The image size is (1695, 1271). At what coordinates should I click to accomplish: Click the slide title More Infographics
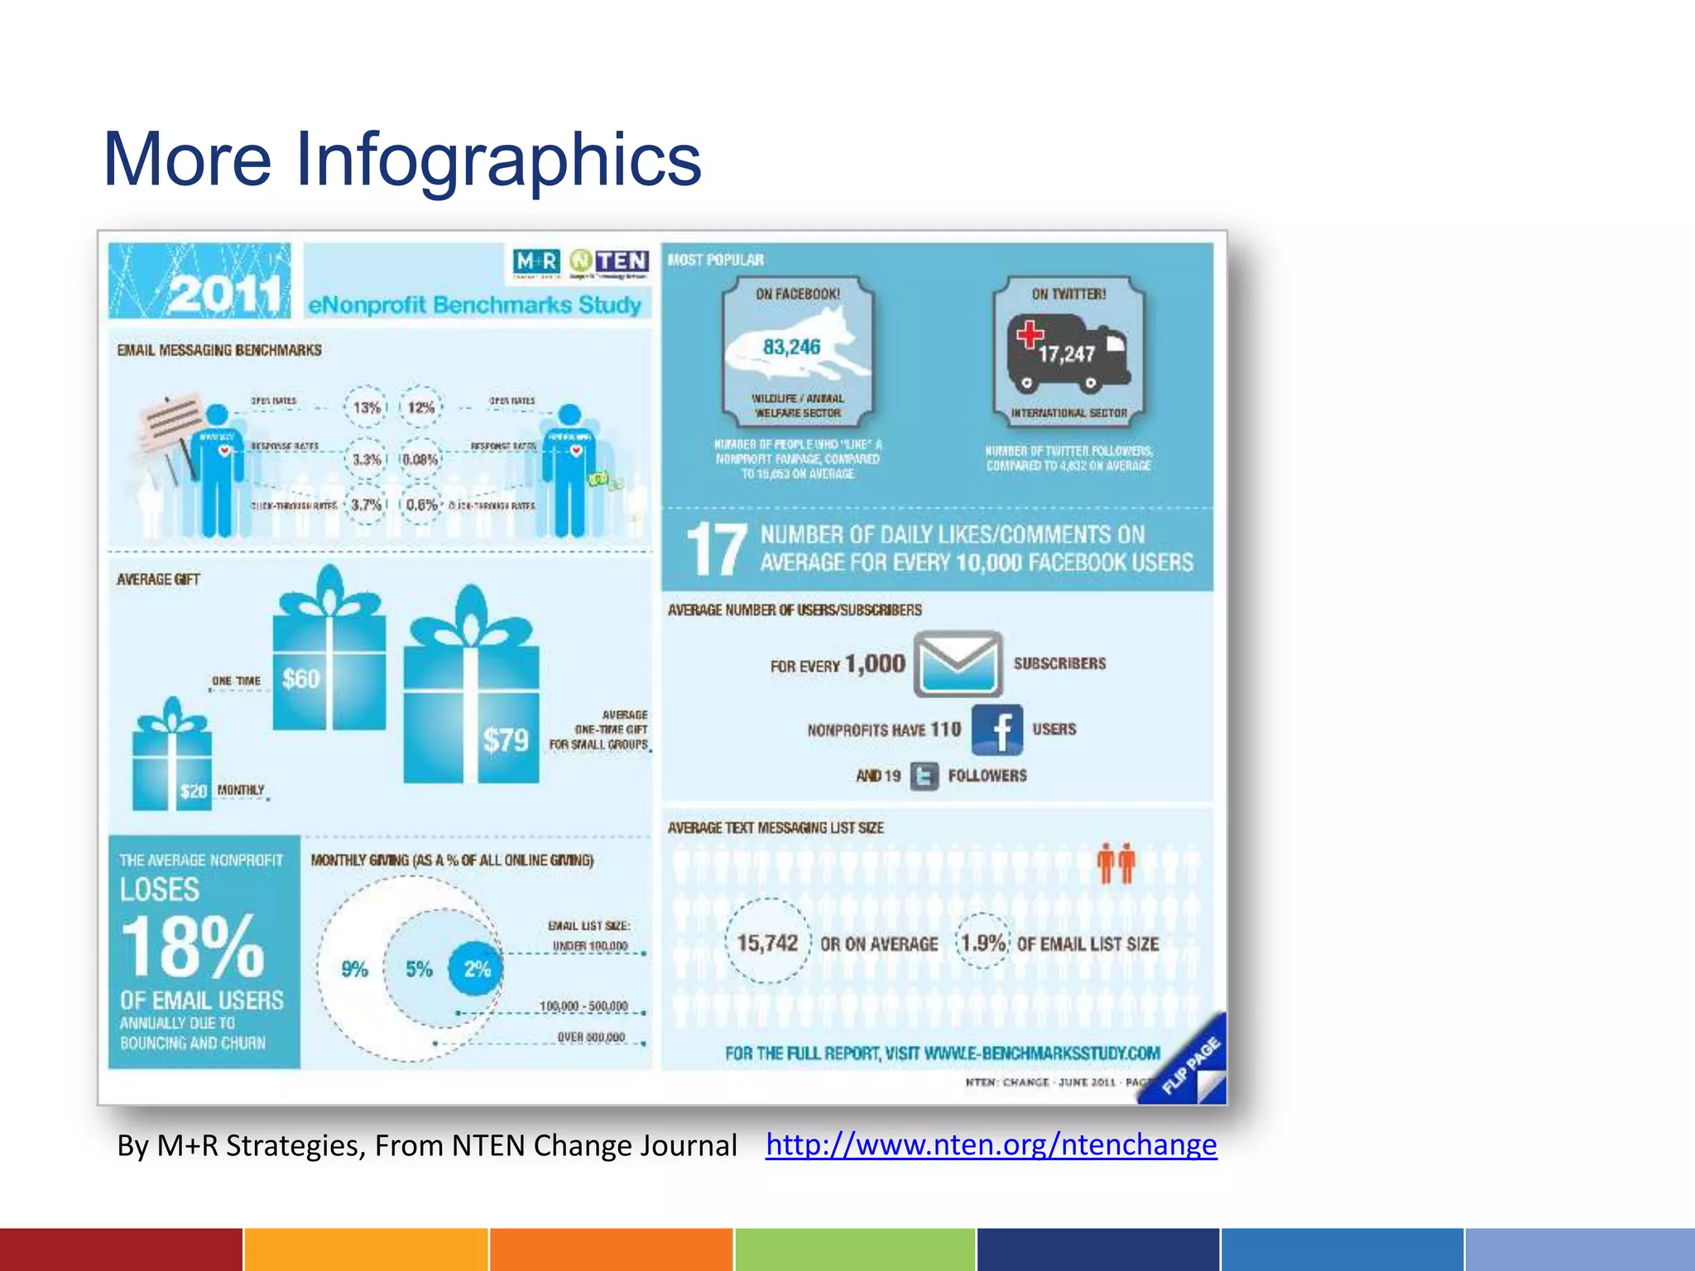click(x=402, y=159)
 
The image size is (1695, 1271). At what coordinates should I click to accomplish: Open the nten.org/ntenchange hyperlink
click(x=991, y=1144)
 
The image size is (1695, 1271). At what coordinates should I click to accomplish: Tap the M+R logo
click(x=535, y=263)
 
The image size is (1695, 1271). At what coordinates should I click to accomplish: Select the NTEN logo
click(x=610, y=262)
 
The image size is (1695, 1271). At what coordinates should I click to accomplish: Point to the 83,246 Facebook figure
click(x=791, y=347)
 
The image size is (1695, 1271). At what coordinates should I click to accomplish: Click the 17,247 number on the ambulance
click(x=1067, y=354)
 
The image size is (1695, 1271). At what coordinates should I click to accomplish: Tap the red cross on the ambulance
click(x=1030, y=333)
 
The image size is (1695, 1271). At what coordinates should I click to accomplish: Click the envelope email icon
click(x=958, y=664)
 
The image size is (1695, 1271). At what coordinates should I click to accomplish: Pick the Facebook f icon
click(x=997, y=730)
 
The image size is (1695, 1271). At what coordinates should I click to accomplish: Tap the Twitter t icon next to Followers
click(x=924, y=776)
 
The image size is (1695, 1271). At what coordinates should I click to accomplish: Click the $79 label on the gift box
click(x=506, y=740)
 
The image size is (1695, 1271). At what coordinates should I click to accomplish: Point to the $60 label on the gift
click(x=300, y=679)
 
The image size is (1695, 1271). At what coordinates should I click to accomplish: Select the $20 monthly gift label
click(x=194, y=791)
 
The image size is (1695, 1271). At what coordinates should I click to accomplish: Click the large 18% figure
click(x=193, y=947)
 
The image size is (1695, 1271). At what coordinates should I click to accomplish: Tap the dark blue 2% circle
click(x=476, y=969)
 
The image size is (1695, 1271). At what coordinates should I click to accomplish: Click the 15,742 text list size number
click(x=767, y=943)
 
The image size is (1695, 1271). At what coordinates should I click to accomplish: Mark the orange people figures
click(x=1116, y=864)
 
